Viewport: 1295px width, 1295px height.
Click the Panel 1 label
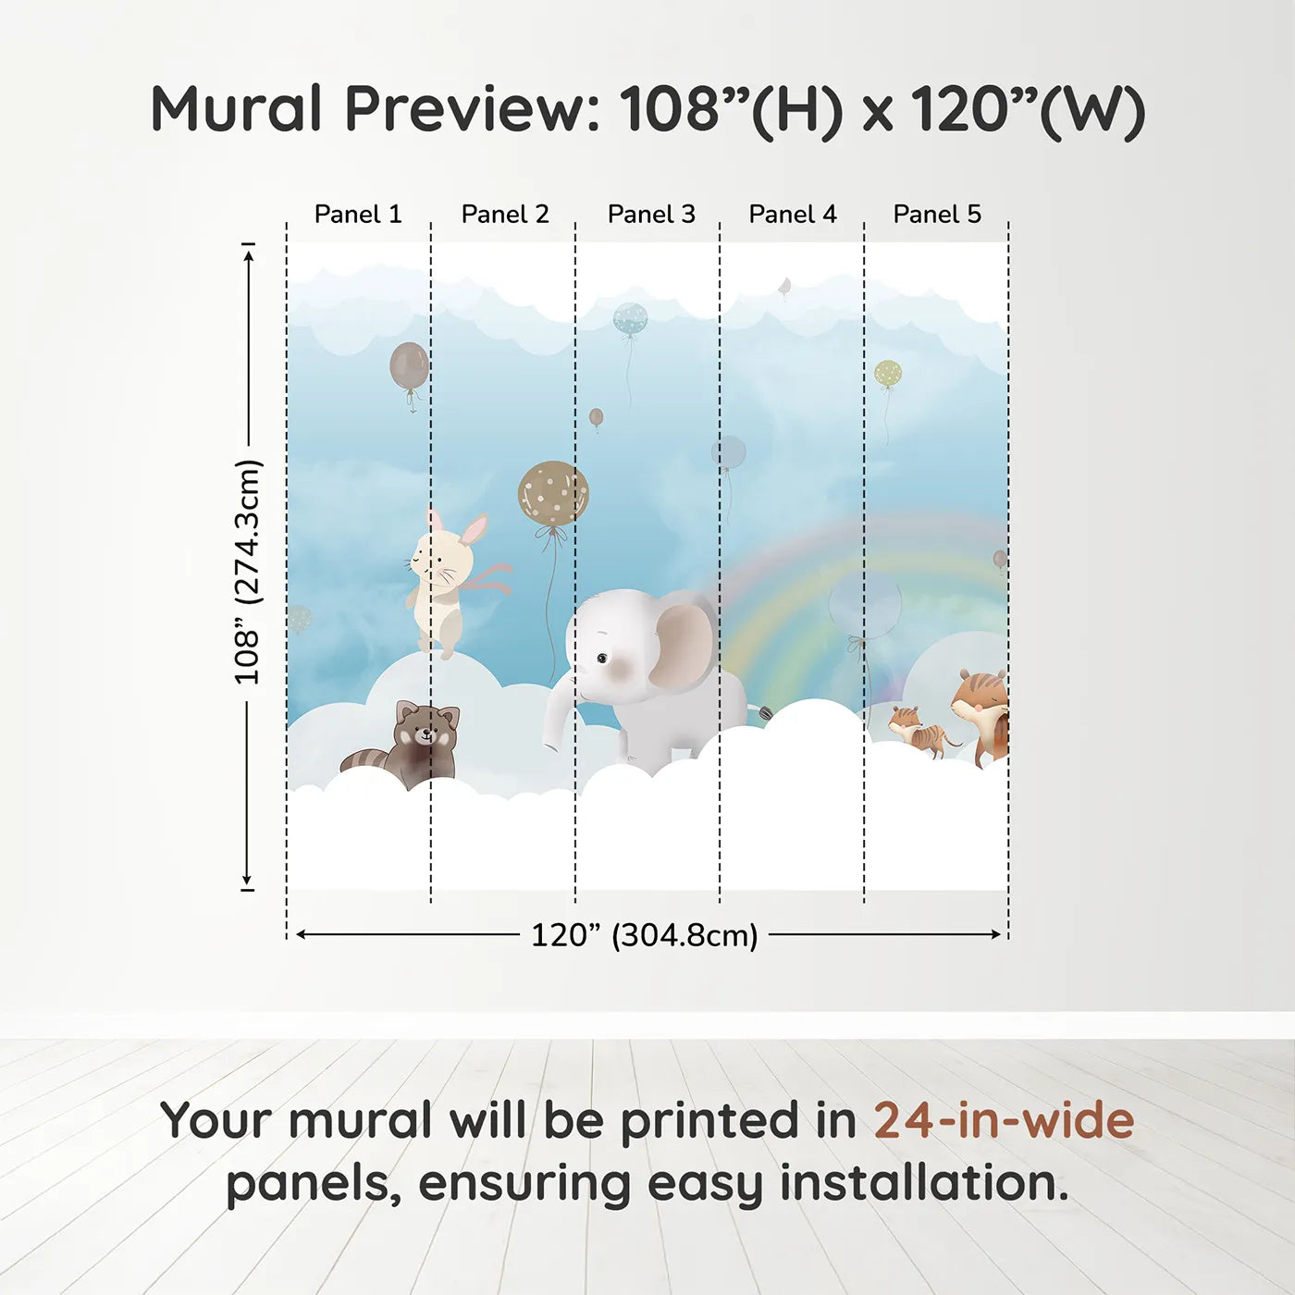pos(358,215)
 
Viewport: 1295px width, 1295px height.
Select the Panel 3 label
pos(651,215)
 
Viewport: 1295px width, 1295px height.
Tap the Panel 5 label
pos(937,215)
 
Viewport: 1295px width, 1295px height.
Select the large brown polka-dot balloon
pos(553,493)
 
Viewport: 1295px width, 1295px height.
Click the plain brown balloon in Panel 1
pos(409,364)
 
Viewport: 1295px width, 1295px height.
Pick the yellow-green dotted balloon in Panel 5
pos(888,374)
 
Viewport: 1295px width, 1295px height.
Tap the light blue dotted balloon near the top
pos(630,318)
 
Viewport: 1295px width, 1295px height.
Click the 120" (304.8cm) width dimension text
pos(645,935)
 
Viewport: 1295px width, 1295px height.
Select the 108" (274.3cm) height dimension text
pos(246,572)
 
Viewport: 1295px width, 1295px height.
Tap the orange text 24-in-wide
pos(1004,1120)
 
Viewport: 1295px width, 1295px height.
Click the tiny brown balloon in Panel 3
pos(596,417)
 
